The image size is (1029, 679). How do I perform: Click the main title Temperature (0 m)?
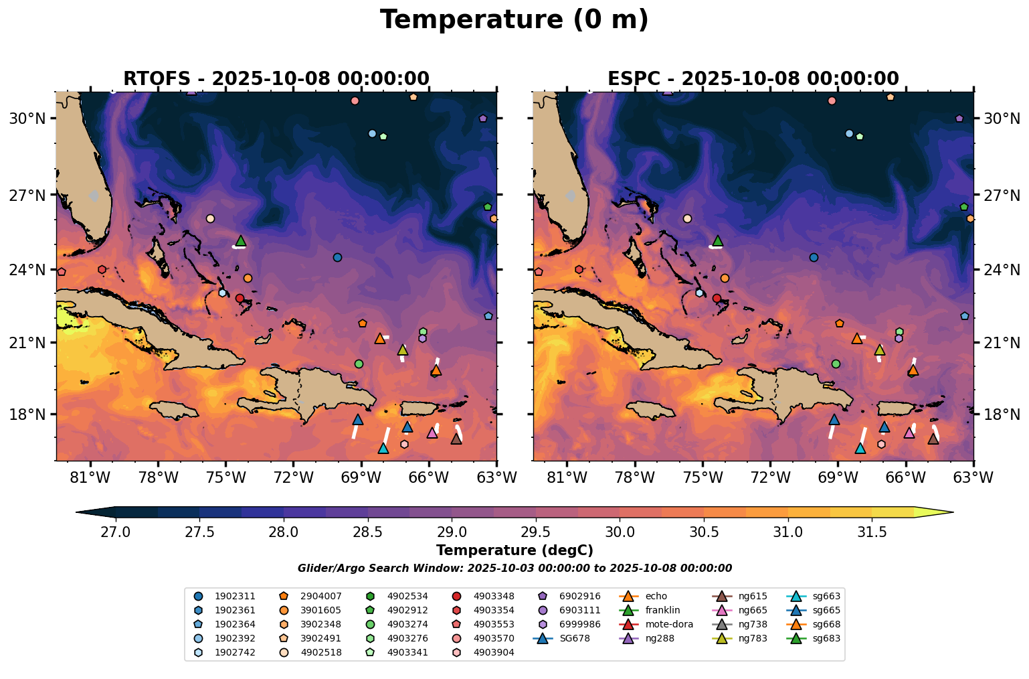point(514,20)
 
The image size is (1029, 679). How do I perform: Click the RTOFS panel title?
point(276,78)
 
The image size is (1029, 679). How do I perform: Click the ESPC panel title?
point(753,78)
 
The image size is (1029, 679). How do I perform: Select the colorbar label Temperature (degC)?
point(514,550)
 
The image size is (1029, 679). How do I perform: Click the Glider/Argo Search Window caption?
point(514,568)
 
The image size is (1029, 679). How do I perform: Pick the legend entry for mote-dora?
point(669,624)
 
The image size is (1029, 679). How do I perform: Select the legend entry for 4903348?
point(494,596)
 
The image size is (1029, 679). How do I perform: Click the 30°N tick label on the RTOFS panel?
point(27,119)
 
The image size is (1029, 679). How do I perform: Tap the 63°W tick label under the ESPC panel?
point(973,477)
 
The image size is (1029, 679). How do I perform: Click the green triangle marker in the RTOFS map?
point(241,240)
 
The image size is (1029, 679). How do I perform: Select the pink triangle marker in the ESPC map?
point(909,433)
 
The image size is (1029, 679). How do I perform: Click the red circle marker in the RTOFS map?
point(240,298)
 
